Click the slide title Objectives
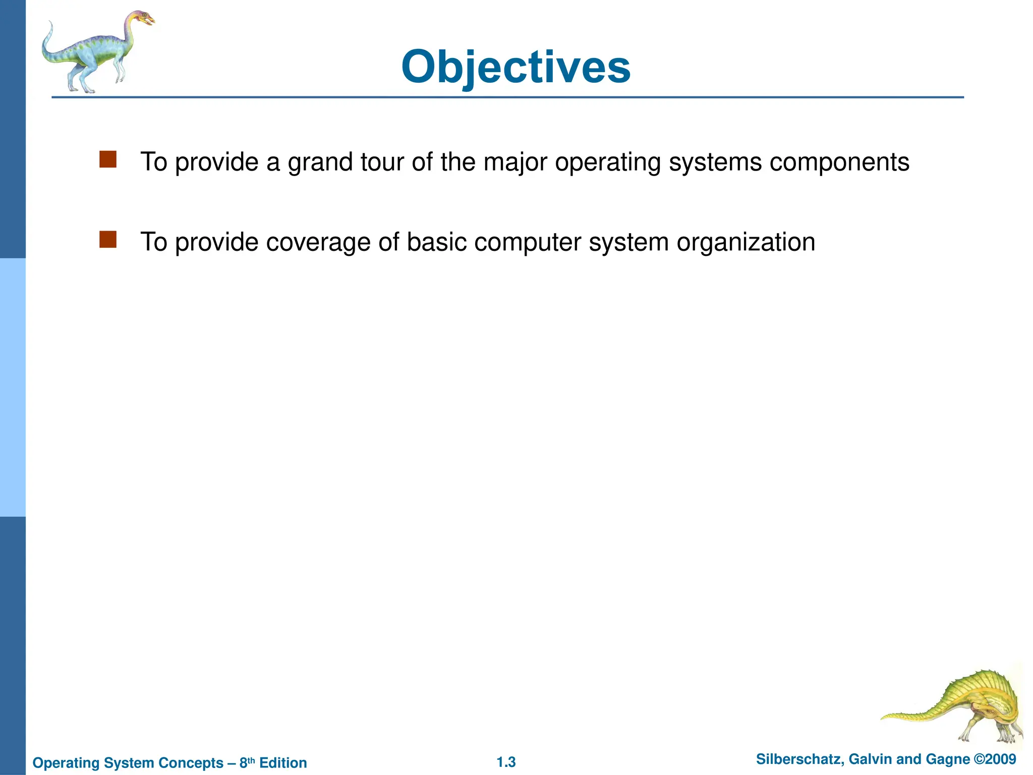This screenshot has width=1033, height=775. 515,68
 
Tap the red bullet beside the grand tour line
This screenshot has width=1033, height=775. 108,159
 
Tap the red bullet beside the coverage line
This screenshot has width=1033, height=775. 108,240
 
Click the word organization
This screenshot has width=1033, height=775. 745,243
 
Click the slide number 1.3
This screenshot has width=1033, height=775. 506,762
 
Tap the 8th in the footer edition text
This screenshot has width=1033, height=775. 247,762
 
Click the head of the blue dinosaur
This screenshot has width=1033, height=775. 143,19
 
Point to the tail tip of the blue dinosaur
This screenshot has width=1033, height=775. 50,23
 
